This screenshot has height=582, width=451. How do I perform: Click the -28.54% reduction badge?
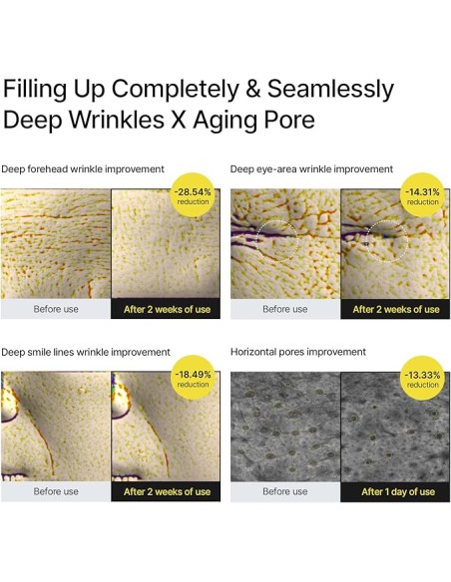193,195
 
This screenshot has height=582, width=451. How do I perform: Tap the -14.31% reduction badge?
422,195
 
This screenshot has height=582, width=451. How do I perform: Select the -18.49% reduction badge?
193,378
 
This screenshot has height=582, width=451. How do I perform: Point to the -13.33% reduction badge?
422,378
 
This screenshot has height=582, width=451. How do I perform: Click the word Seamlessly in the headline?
330,90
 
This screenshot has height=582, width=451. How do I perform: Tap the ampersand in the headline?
253,89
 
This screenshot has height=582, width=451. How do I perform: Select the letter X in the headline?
178,120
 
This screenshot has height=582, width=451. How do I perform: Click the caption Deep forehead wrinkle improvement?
83,169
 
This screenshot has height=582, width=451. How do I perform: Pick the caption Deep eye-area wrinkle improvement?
311,169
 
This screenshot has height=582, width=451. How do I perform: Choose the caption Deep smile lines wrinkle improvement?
86,352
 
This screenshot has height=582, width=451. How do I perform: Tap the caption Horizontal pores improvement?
298,352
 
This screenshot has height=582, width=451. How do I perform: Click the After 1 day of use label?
398,491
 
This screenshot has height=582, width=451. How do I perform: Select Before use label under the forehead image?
56,309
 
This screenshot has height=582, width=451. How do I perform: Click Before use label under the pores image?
285,491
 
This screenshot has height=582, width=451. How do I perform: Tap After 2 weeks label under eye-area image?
396,309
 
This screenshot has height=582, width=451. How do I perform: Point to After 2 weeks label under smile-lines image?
168,491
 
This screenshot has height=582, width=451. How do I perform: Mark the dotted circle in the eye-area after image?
408,240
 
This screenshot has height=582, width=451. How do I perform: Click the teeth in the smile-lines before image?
15,476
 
